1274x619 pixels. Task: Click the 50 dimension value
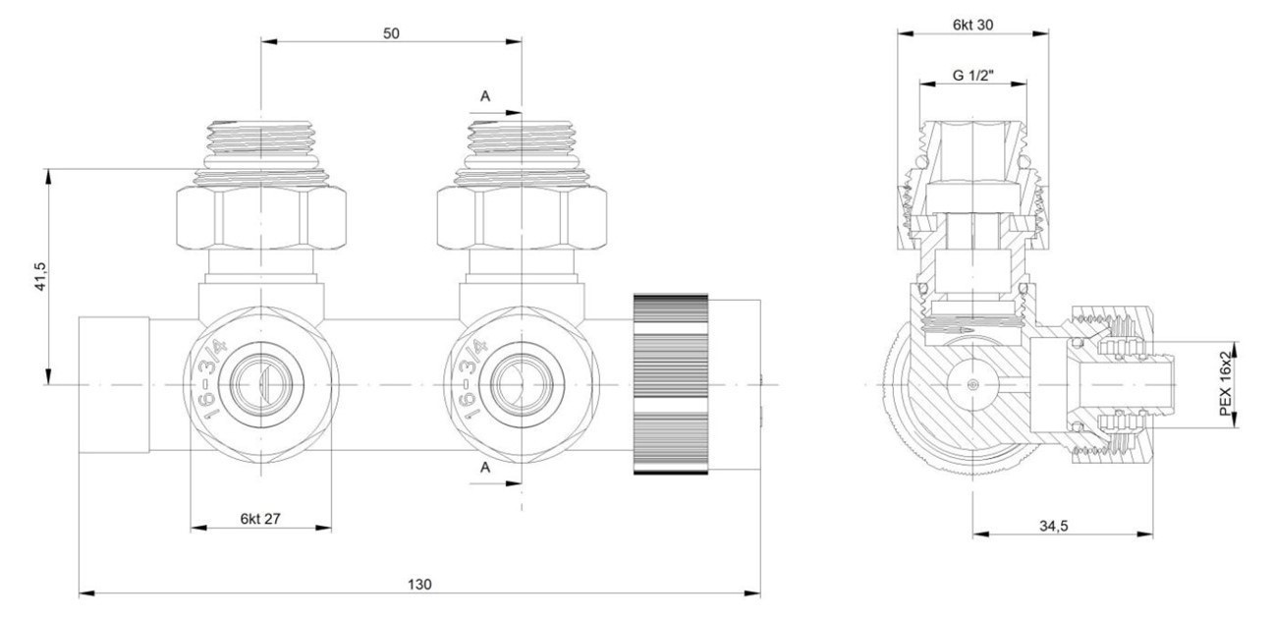click(x=391, y=32)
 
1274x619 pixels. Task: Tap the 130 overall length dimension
click(x=418, y=584)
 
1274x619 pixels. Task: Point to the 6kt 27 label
click(x=259, y=518)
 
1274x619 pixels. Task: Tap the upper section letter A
click(x=484, y=95)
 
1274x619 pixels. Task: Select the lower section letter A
click(x=484, y=469)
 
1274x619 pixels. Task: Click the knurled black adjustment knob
click(x=671, y=384)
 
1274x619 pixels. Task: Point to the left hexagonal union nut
click(x=260, y=218)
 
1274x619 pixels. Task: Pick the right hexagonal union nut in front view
click(x=521, y=218)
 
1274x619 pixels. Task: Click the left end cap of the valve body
click(x=114, y=384)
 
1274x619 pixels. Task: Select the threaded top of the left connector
click(x=260, y=138)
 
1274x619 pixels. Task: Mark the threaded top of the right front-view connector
click(x=521, y=138)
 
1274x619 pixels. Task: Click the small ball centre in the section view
click(x=972, y=384)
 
